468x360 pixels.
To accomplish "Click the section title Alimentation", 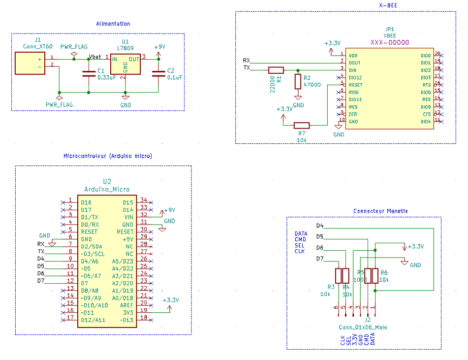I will tap(113, 24).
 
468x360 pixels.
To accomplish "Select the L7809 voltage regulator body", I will tap(125, 64).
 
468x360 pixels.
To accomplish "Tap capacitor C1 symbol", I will tap(89, 74).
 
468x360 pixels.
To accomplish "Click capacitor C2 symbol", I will tap(158, 74).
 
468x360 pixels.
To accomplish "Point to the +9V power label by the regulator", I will tap(159, 47).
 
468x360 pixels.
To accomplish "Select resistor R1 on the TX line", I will tap(276, 70).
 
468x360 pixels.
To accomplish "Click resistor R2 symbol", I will tap(298, 81).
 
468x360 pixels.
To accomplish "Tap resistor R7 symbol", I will tap(301, 126).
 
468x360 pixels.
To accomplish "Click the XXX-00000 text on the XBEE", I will tap(389, 43).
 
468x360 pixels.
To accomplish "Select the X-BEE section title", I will tap(389, 5).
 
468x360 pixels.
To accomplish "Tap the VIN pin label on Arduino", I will tap(128, 217).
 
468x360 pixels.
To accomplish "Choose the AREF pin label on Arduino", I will tap(126, 305).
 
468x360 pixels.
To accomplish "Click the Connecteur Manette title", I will tap(380, 211).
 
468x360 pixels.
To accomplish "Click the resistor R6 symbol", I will tap(375, 276).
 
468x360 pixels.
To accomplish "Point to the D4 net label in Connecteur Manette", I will tap(319, 226).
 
